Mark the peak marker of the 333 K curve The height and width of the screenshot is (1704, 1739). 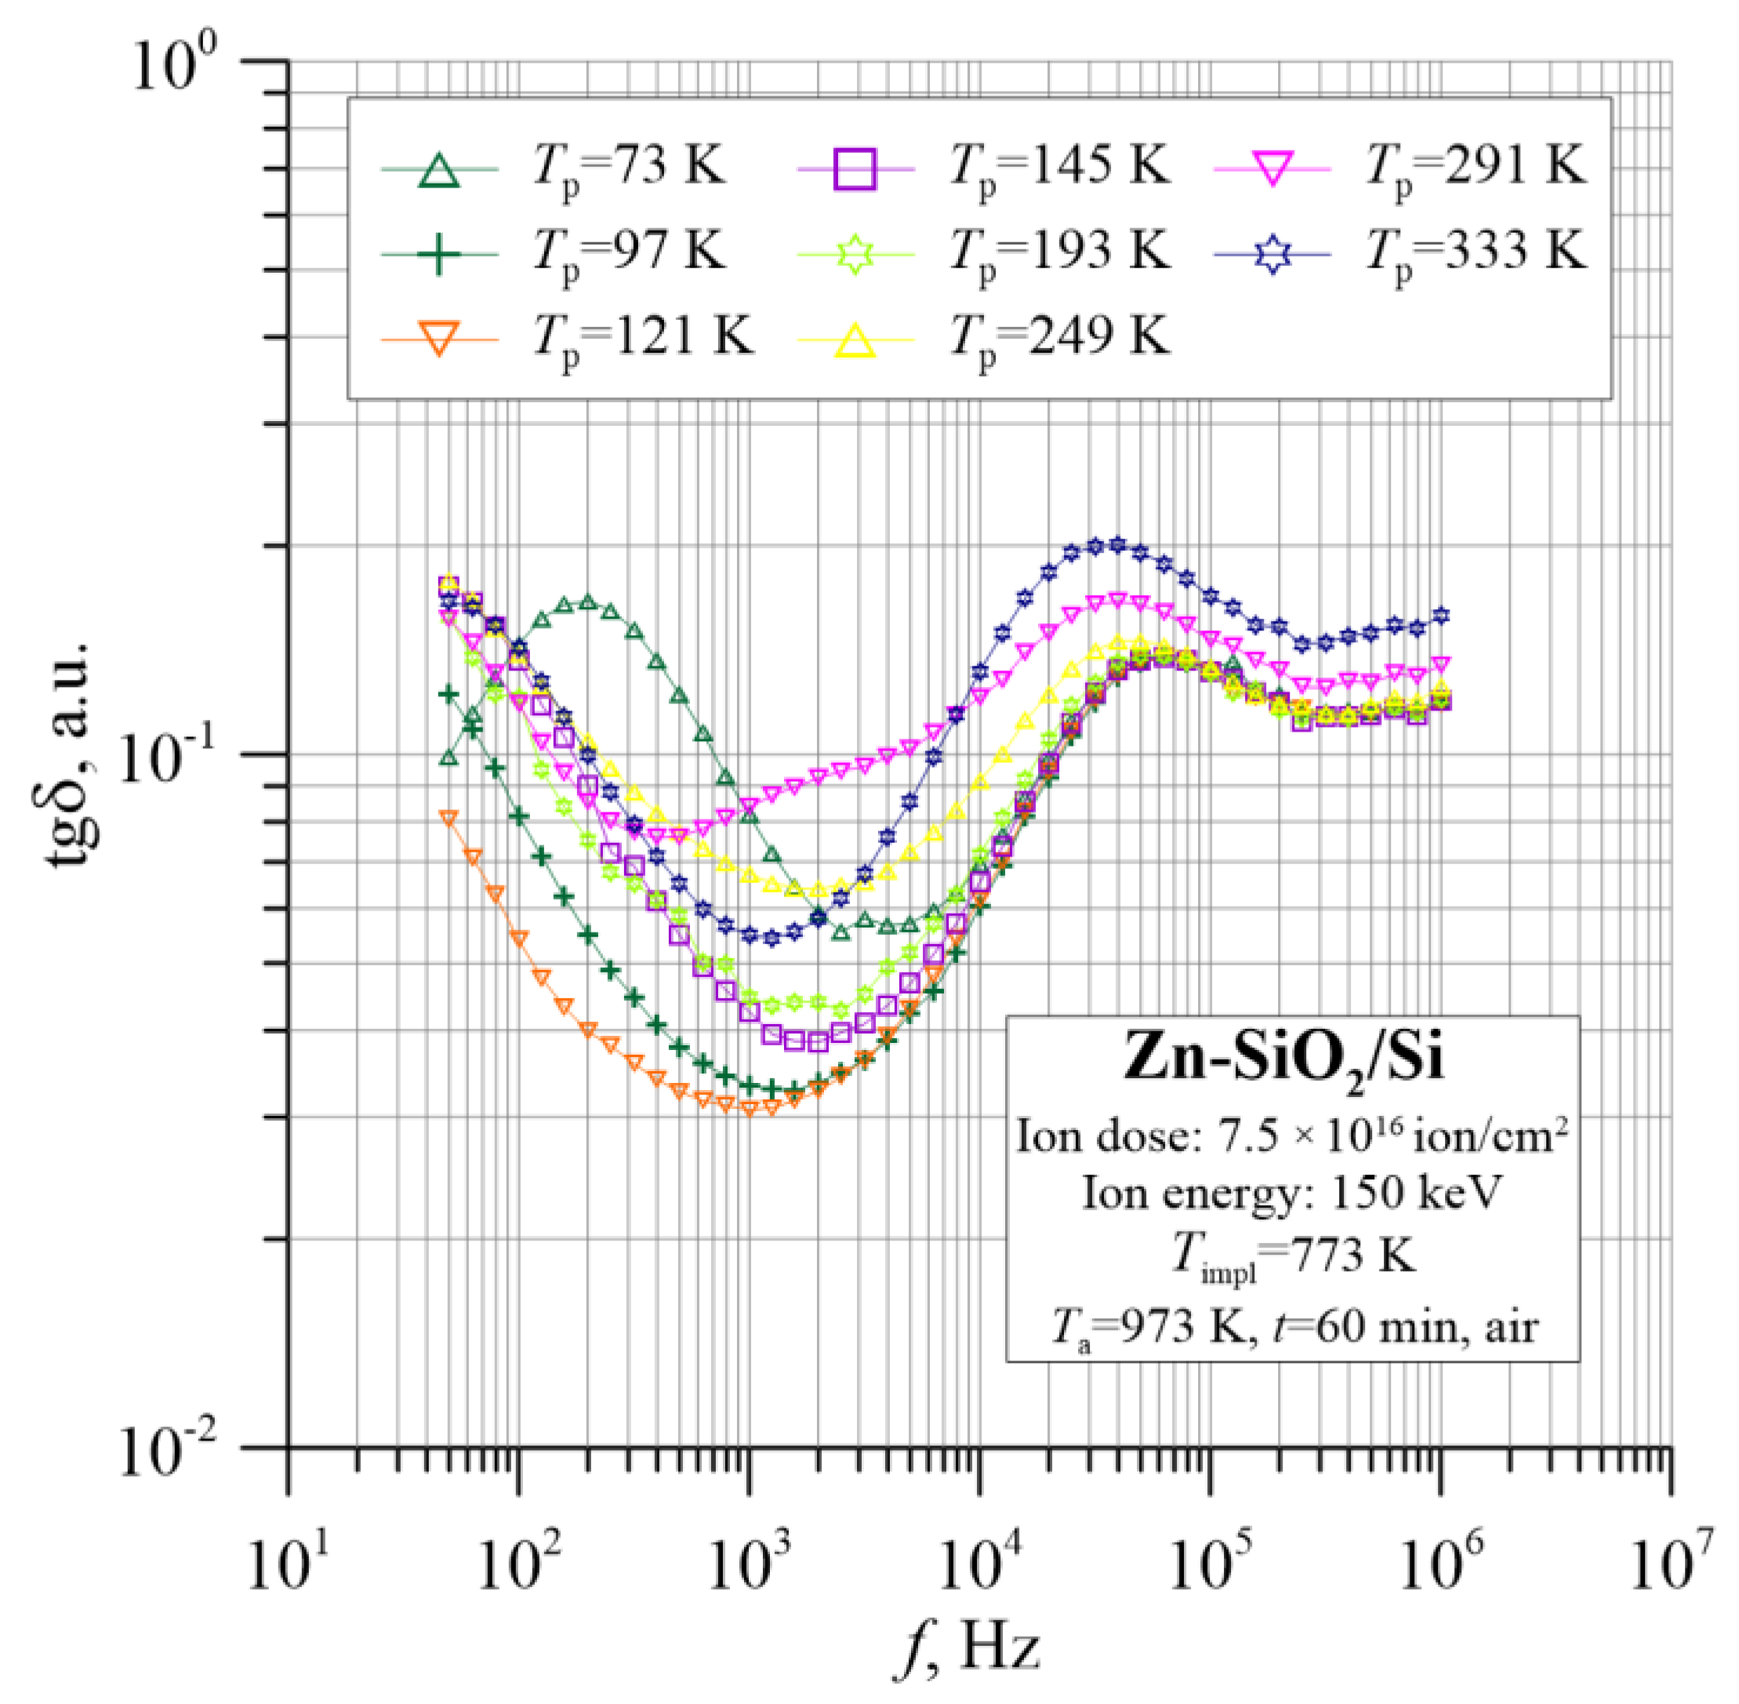[1116, 544]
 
